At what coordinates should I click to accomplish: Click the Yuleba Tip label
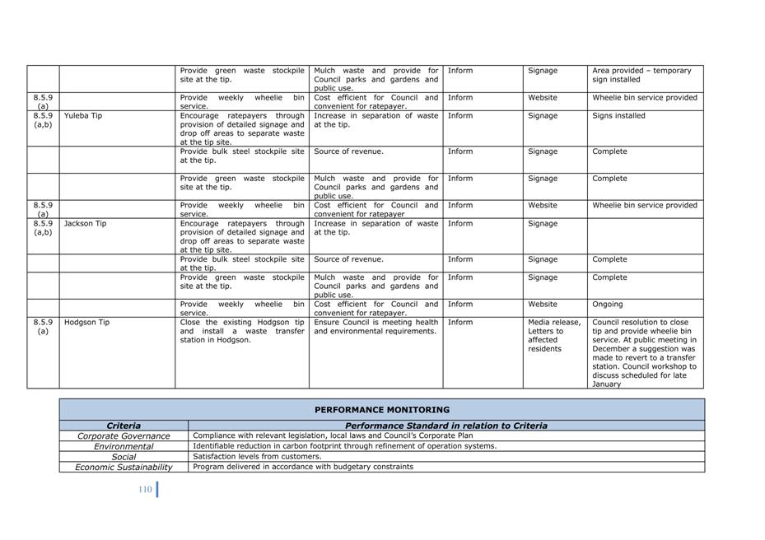pyautogui.click(x=83, y=116)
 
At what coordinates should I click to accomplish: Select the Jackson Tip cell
pyautogui.click(x=85, y=224)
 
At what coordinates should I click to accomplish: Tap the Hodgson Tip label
pyautogui.click(x=86, y=323)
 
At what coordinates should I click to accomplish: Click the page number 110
pyautogui.click(x=145, y=490)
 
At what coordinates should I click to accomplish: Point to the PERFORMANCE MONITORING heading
pyautogui.click(x=382, y=409)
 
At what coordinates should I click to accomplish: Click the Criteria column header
pyautogui.click(x=124, y=426)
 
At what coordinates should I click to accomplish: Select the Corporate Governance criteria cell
pyautogui.click(x=124, y=436)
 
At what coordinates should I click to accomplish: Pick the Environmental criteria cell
pyautogui.click(x=124, y=446)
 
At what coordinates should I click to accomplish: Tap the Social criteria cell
pyautogui.click(x=124, y=457)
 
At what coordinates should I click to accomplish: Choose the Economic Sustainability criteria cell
pyautogui.click(x=124, y=467)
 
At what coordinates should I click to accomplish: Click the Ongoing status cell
pyautogui.click(x=608, y=305)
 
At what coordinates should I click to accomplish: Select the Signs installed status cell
pyautogui.click(x=618, y=116)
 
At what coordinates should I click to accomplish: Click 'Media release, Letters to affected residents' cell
pyautogui.click(x=554, y=335)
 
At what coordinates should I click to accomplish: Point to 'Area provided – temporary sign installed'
pyautogui.click(x=641, y=75)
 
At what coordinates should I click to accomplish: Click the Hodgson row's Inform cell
pyautogui.click(x=460, y=323)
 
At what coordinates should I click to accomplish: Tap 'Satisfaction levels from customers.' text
pyautogui.click(x=257, y=456)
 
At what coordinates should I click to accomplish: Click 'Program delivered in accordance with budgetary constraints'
pyautogui.click(x=303, y=467)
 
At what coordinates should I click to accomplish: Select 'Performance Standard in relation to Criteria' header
pyautogui.click(x=445, y=426)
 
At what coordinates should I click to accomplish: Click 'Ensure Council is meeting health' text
pyautogui.click(x=376, y=323)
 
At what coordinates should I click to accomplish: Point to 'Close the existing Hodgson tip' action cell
pyautogui.click(x=241, y=331)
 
